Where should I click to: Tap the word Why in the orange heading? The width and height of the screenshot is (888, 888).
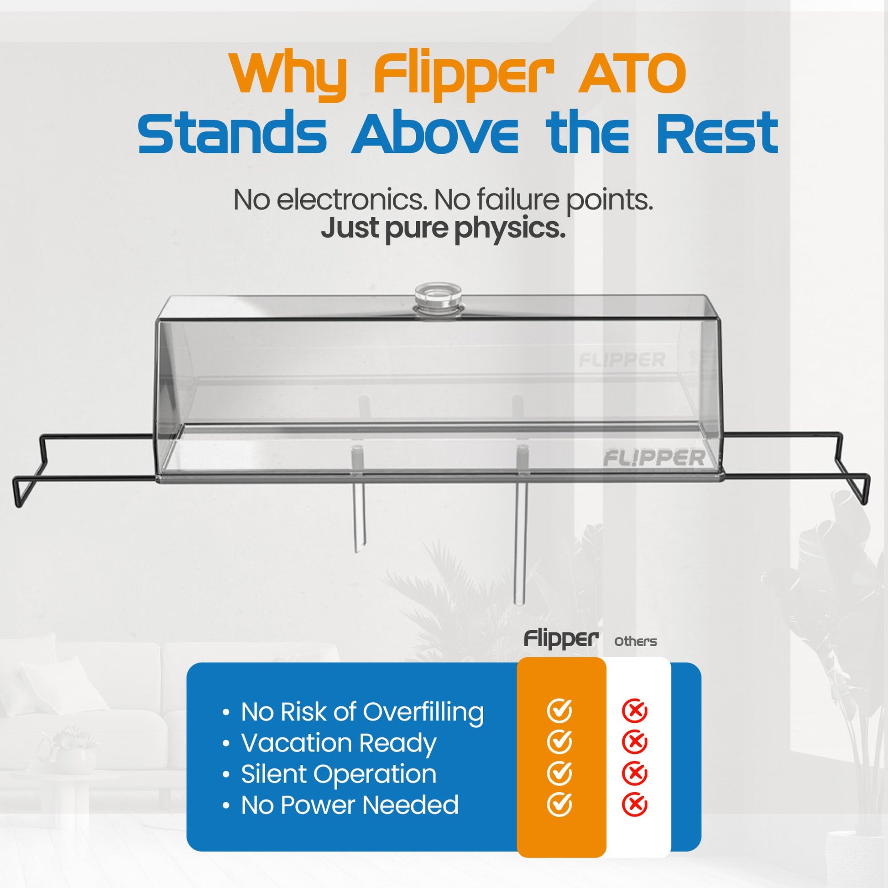point(289,76)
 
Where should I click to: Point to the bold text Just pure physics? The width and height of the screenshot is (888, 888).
point(443,229)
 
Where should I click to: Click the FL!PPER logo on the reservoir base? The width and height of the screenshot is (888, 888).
point(653,458)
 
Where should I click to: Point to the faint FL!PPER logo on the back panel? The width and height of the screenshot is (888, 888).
point(622,360)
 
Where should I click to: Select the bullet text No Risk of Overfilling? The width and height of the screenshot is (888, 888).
point(362,712)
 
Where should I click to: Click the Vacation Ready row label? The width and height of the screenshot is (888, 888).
point(339,743)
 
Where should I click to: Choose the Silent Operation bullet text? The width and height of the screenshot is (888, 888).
point(339,773)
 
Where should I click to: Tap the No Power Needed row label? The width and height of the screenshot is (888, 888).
point(350,804)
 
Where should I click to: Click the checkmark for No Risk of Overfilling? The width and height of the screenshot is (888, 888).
point(559,711)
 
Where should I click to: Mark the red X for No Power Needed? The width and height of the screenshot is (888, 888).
point(634,804)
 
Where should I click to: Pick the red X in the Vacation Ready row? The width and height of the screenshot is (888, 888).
point(634,742)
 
